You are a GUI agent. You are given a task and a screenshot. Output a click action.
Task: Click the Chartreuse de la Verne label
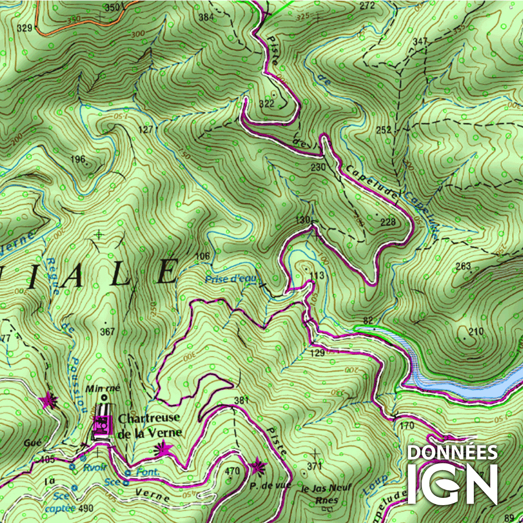[150, 425]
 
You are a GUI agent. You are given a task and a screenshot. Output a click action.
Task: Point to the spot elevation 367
[107, 332]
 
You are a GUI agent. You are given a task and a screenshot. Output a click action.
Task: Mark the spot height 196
[77, 160]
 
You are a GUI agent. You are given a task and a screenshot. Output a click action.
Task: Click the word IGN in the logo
[452, 483]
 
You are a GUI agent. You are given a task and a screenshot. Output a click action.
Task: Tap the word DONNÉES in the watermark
[452, 452]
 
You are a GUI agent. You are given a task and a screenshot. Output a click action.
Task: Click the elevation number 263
[463, 267]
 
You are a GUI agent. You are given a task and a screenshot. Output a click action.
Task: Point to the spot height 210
[476, 332]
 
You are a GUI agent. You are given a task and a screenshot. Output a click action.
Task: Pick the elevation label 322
[266, 104]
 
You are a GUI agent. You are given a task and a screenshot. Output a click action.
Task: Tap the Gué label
[31, 443]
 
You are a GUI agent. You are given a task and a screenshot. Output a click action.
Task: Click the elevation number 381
[242, 401]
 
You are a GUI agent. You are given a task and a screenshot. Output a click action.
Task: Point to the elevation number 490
[86, 508]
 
